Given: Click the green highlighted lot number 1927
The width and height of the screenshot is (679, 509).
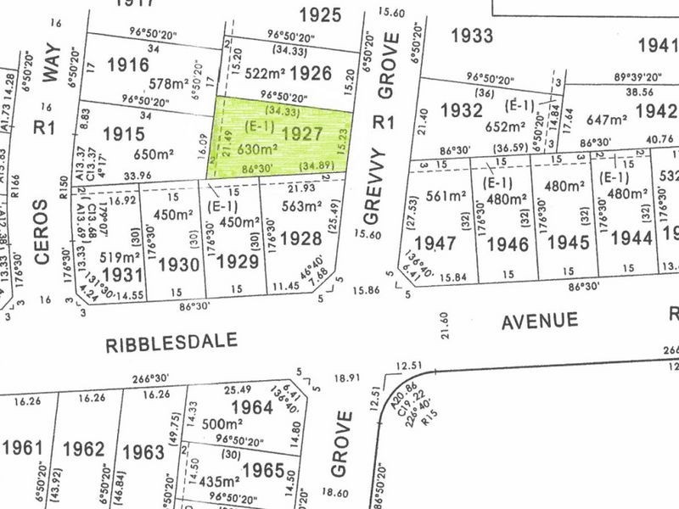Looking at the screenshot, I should pos(302,133).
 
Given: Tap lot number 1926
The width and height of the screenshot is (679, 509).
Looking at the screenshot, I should pos(309,74).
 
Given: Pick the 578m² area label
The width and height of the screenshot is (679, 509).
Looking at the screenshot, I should pos(168,84).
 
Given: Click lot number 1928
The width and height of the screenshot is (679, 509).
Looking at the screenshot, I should pos(304,239).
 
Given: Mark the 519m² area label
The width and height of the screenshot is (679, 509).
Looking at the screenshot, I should pos(119,256).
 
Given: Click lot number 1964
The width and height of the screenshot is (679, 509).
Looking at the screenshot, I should pos(252,407).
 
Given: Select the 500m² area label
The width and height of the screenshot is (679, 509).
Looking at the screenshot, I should pos(223,424).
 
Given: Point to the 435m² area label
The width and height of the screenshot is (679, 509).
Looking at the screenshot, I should pos(218,481).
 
